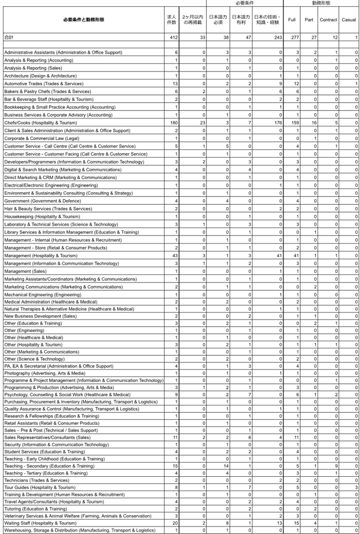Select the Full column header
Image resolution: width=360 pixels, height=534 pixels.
[x=292, y=19]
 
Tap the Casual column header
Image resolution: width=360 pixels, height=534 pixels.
[x=348, y=19]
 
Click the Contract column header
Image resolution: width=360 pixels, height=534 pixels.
[x=328, y=19]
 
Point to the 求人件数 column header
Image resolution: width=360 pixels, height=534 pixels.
[x=171, y=19]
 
